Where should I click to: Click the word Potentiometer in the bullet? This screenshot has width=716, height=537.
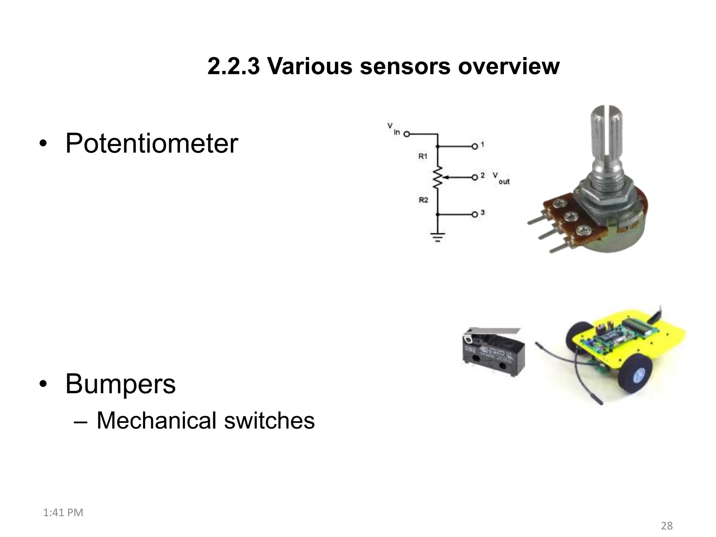151,143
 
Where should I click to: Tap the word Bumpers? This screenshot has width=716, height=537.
120,384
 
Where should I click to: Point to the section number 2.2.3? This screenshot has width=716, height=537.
233,66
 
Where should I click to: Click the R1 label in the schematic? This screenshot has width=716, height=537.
423,157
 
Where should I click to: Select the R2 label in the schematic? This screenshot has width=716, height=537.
423,200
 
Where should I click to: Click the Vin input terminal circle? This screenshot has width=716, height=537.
407,134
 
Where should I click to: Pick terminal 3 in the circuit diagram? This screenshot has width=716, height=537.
474,214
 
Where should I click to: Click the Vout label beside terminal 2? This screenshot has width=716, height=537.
501,178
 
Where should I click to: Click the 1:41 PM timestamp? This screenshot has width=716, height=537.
63,513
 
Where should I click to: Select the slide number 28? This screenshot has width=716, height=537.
667,525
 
